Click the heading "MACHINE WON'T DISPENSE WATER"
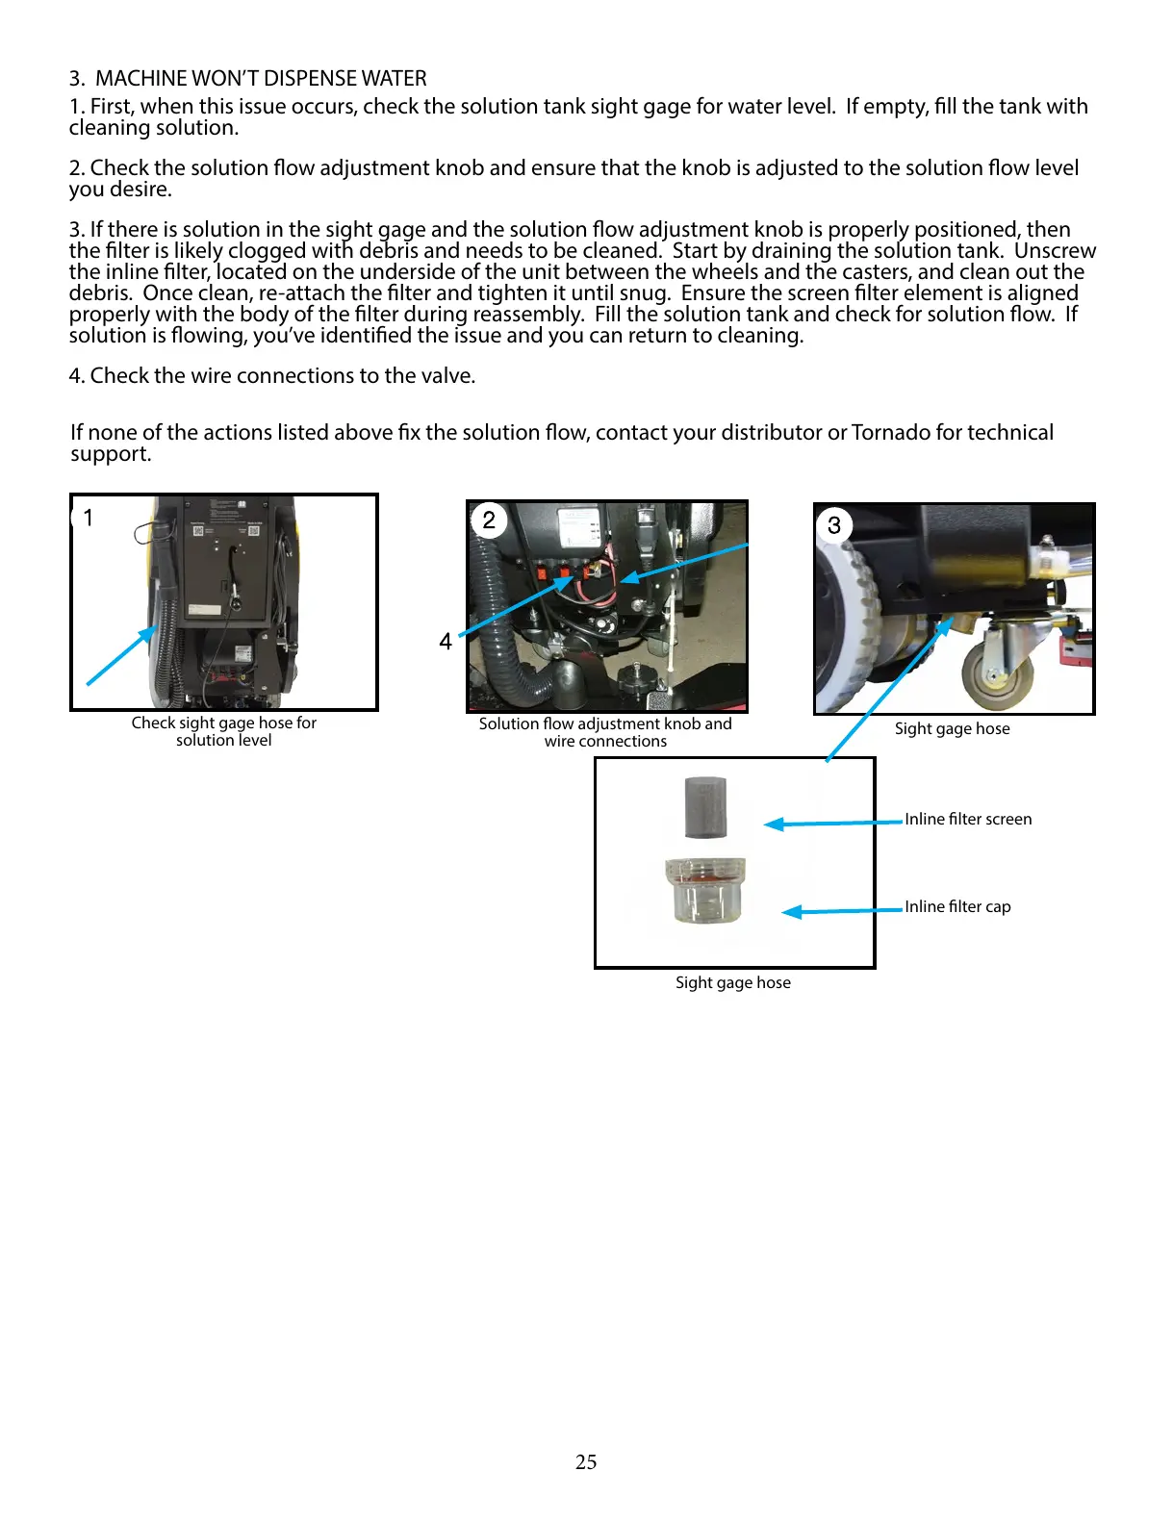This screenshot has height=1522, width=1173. pyautogui.click(x=260, y=78)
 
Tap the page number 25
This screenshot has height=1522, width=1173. pyautogui.click(x=586, y=1461)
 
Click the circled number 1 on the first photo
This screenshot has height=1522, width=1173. pyautogui.click(x=88, y=519)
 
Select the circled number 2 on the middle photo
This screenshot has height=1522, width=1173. pyautogui.click(x=489, y=520)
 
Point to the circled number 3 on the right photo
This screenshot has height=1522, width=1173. pyautogui.click(x=834, y=525)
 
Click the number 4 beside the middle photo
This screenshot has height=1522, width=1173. pyautogui.click(x=446, y=642)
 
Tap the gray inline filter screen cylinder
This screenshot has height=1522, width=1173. pyautogui.click(x=705, y=806)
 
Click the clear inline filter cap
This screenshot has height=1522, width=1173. pyautogui.click(x=705, y=890)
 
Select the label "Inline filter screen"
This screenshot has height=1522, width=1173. pyautogui.click(x=967, y=819)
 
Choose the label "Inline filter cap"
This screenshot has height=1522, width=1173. pyautogui.click(x=957, y=906)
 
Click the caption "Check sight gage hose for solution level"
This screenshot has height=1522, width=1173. pyautogui.click(x=224, y=731)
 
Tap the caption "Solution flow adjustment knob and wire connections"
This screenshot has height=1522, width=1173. pyautogui.click(x=605, y=732)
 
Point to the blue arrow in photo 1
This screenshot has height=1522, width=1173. pyautogui.click(x=122, y=655)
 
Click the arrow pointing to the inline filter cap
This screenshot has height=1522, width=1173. pyautogui.click(x=842, y=910)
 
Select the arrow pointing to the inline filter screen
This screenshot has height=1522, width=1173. pyautogui.click(x=833, y=823)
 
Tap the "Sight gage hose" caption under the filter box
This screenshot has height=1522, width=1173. pyautogui.click(x=732, y=982)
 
